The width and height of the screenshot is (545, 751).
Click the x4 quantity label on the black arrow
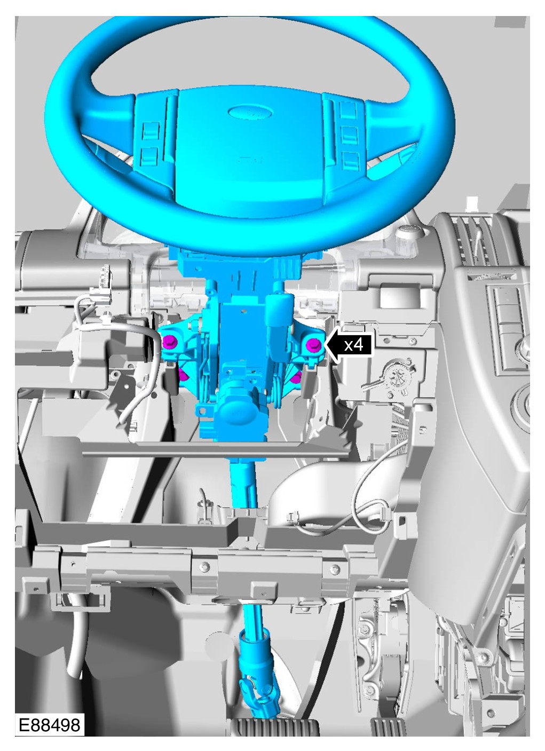pos(353,344)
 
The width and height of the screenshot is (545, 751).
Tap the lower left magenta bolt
pos(183,376)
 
